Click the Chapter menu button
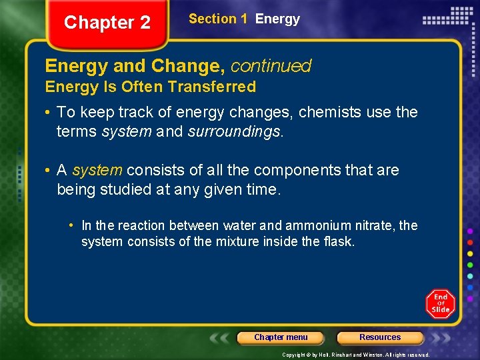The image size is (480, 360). (x=281, y=337)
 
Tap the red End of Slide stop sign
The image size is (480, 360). (x=440, y=305)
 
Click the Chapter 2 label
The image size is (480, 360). (x=107, y=23)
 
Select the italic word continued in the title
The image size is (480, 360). (x=271, y=66)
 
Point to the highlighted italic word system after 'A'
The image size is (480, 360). (x=97, y=171)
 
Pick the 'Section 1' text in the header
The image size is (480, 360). (x=213, y=19)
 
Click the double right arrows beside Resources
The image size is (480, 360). (x=440, y=337)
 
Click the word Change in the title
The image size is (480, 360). (x=189, y=66)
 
